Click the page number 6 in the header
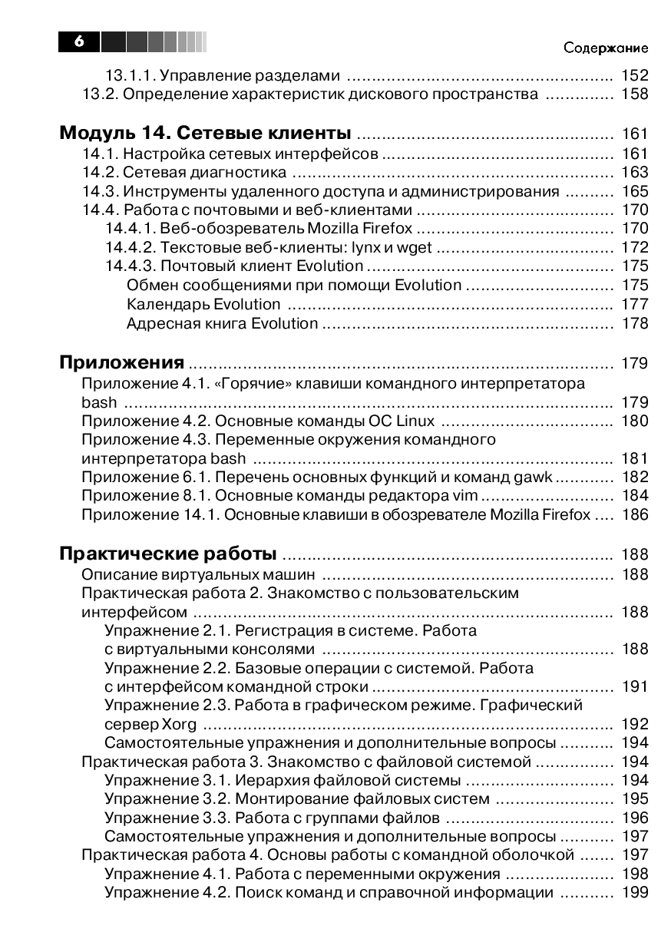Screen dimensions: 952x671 click(x=79, y=41)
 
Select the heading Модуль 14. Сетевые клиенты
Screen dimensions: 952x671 click(x=205, y=132)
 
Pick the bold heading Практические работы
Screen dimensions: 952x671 click(x=168, y=554)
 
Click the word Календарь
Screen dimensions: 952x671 click(x=168, y=304)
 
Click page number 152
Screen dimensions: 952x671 click(x=634, y=75)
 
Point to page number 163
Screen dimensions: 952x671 click(x=634, y=172)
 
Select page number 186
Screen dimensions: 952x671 click(x=634, y=514)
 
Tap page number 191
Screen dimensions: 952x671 click(x=634, y=686)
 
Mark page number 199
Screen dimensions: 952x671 click(x=634, y=892)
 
